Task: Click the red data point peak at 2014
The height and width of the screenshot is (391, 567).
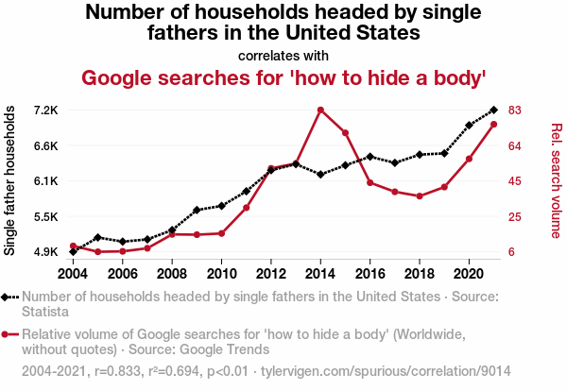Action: [321, 110]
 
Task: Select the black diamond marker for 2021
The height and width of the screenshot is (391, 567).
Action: [494, 110]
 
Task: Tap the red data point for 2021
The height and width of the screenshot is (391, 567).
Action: [494, 125]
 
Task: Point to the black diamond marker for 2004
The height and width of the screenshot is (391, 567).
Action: [73, 252]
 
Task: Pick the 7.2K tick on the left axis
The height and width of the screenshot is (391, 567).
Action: [44, 110]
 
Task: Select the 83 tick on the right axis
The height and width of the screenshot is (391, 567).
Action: [515, 110]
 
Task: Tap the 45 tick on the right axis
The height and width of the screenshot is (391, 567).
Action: [515, 181]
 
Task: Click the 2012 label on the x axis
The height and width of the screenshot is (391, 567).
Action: [271, 274]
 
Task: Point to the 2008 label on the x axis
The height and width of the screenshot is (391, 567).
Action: [172, 274]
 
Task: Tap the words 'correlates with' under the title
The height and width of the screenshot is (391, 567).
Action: [283, 55]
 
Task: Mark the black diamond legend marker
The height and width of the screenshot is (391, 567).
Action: [9, 297]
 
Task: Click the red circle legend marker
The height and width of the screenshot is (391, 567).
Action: [9, 334]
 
